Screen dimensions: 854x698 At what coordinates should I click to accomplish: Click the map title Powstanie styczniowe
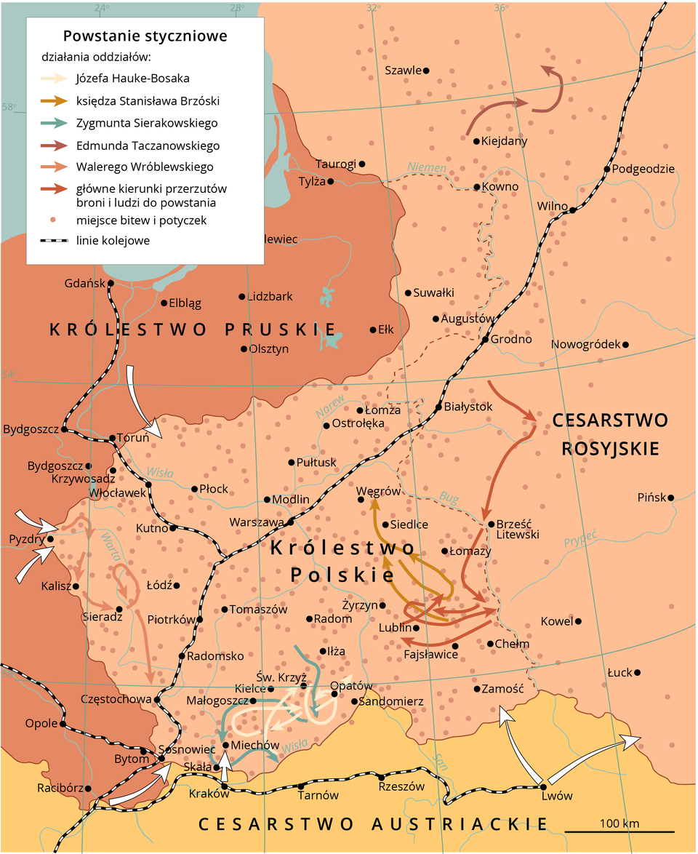point(145,36)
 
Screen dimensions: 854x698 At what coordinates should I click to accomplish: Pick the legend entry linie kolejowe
point(113,240)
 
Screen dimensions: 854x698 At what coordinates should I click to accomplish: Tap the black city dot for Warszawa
point(289,522)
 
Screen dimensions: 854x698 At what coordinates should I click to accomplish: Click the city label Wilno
point(552,206)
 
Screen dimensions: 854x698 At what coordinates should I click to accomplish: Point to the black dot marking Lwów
point(543,786)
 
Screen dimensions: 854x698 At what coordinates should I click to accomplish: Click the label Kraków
point(204,794)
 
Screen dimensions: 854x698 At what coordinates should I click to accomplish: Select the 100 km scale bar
point(619,831)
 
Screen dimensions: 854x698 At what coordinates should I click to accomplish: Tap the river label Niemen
point(427,168)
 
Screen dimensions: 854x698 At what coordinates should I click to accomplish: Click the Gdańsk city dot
point(111,283)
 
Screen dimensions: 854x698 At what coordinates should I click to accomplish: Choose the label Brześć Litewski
point(518,529)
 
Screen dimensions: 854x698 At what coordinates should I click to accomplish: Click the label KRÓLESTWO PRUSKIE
point(193,329)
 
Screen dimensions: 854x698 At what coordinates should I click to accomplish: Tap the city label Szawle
point(403,71)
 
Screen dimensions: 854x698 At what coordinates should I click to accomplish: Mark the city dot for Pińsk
point(670,498)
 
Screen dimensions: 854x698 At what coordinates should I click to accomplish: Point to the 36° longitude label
point(502,8)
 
